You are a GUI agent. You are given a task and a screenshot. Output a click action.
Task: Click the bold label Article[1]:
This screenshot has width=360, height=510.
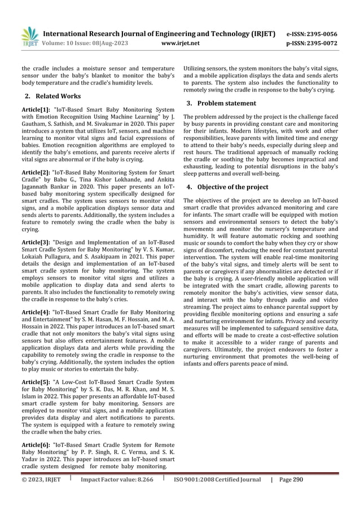point(36,108)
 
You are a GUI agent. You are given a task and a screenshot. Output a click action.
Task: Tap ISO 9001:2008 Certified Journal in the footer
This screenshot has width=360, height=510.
point(217,480)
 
